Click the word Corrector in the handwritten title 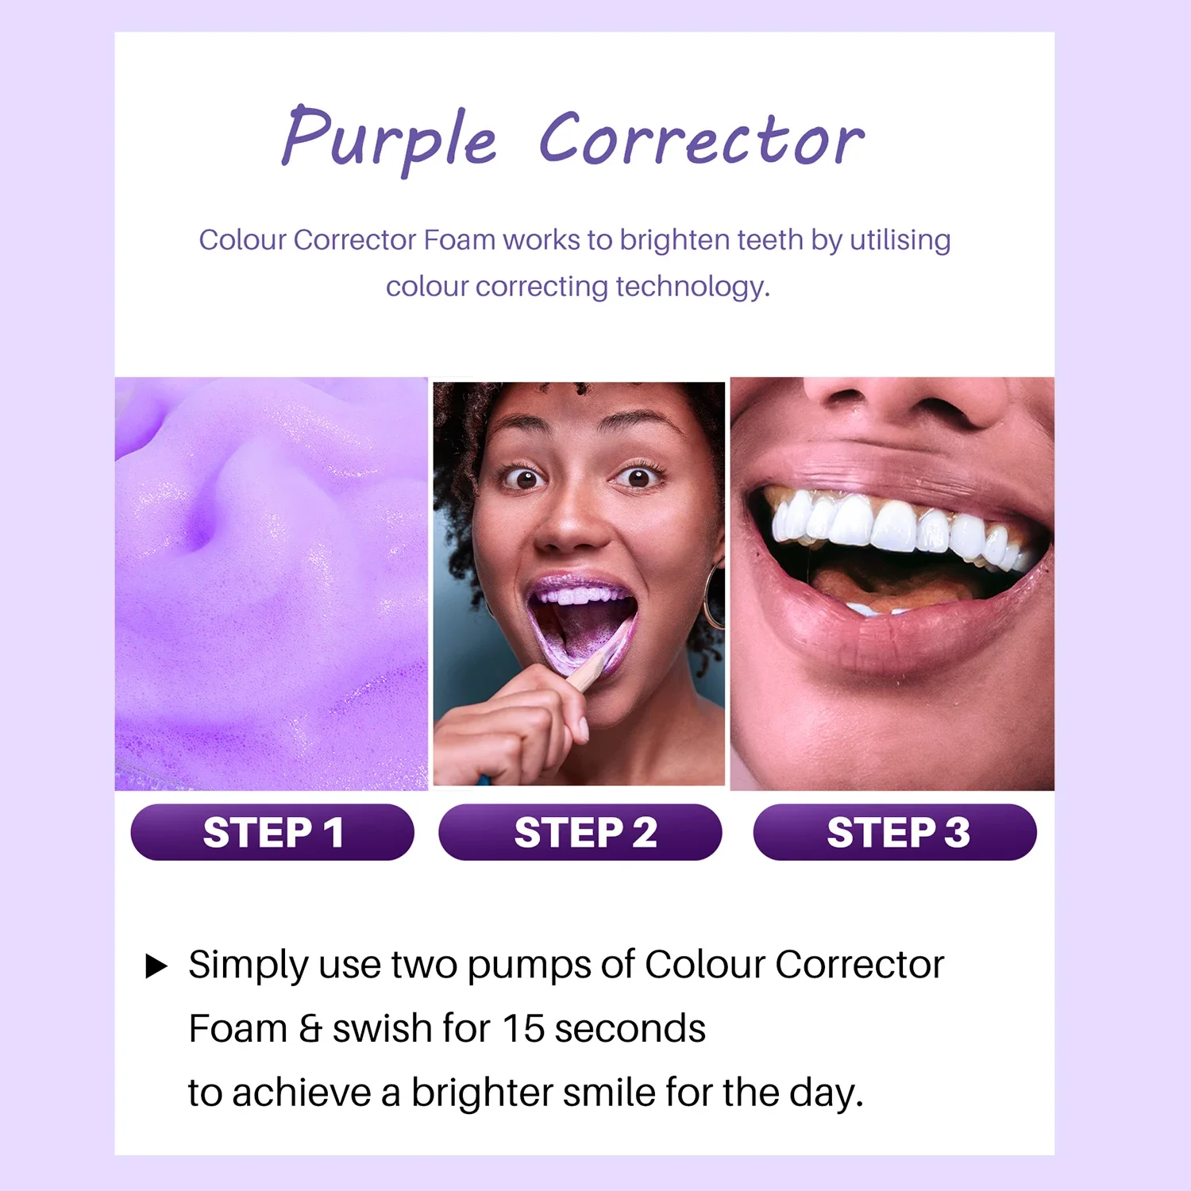pyautogui.click(x=702, y=139)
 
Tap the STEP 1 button pyautogui.click(x=272, y=832)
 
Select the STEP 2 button pyautogui.click(x=580, y=832)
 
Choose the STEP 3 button pyautogui.click(x=895, y=832)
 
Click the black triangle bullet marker pyautogui.click(x=156, y=966)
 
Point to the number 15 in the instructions pyautogui.click(x=523, y=1028)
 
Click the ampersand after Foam pyautogui.click(x=310, y=1029)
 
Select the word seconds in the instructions pyautogui.click(x=630, y=1029)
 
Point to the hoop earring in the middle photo pyautogui.click(x=712, y=596)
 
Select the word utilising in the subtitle pyautogui.click(x=900, y=240)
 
